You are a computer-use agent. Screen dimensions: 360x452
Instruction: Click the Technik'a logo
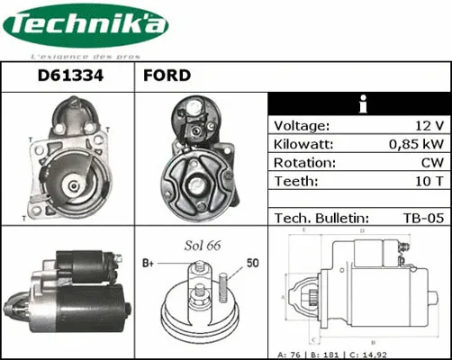pos(85,27)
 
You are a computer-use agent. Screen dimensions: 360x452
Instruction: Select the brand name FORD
pos(167,76)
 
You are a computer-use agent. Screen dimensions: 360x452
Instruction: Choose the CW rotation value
pos(431,163)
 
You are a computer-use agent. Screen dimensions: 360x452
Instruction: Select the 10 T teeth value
pos(428,181)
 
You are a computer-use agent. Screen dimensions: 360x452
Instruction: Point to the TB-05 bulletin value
pos(423,217)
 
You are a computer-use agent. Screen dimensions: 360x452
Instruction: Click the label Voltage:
pos(302,126)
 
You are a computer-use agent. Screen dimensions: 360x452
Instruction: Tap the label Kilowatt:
pos(304,145)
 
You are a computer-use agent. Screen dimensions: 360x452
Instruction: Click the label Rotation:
pos(305,163)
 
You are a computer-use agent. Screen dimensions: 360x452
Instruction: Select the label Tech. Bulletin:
pos(321,217)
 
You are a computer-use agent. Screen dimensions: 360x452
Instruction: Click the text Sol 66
pos(203,245)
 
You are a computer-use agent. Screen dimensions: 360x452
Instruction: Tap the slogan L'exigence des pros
pos(85,55)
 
